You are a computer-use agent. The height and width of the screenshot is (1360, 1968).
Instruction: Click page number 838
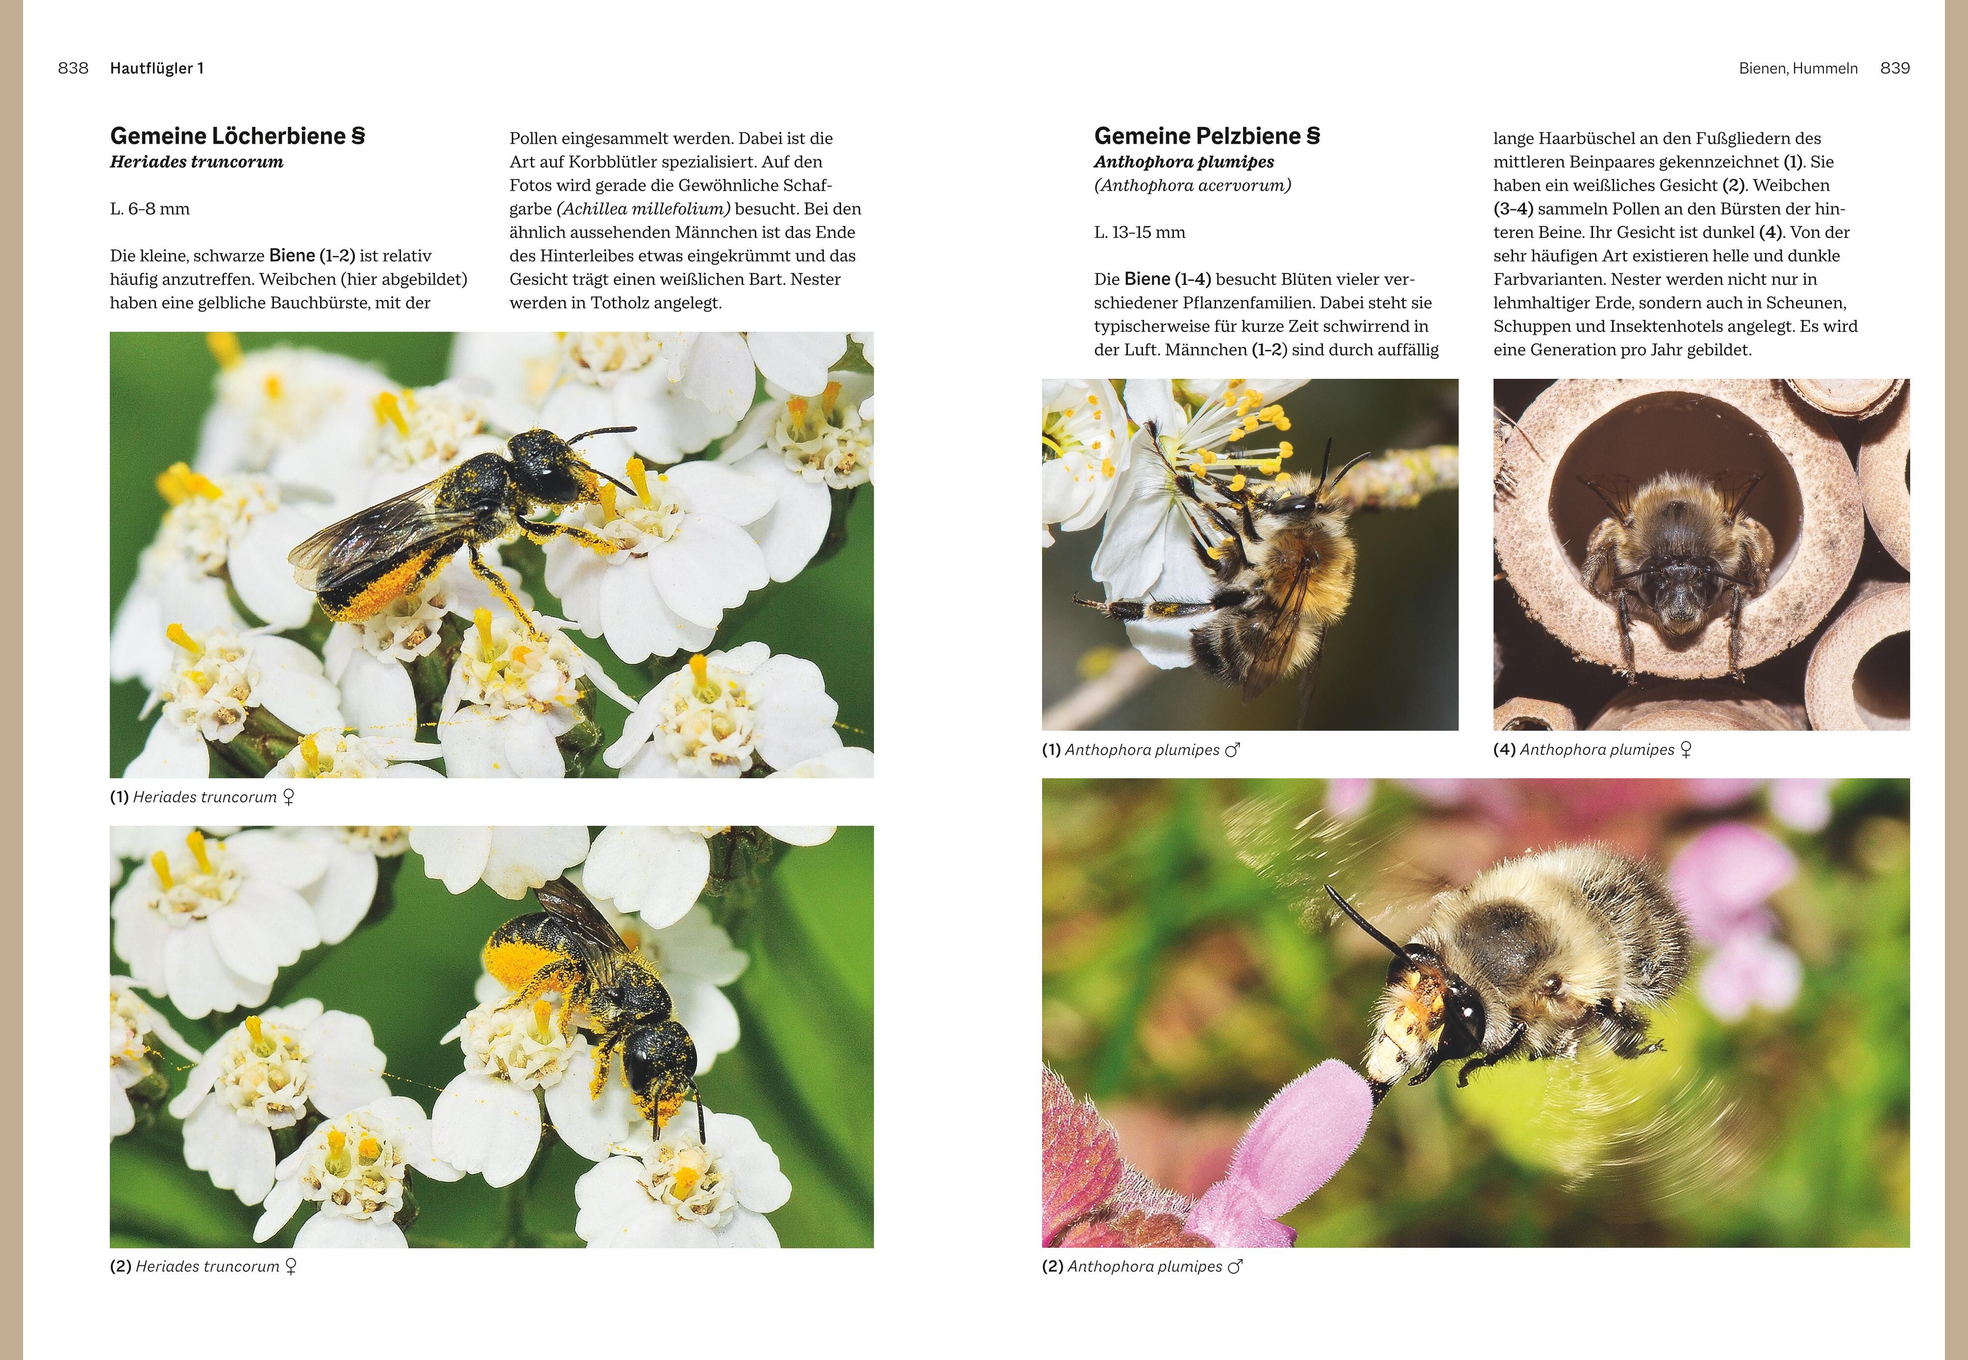tap(74, 68)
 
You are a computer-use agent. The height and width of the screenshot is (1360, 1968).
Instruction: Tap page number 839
tap(1894, 68)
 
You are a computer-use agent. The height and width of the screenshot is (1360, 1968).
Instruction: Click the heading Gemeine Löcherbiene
tap(238, 136)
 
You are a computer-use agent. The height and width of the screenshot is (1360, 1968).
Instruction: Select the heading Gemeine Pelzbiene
tap(1207, 136)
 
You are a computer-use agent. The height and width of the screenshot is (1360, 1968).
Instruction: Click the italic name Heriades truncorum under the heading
tap(197, 162)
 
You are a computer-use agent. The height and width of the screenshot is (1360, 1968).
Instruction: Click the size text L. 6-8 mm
tap(150, 209)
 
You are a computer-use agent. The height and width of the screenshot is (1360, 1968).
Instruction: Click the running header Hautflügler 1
tap(157, 68)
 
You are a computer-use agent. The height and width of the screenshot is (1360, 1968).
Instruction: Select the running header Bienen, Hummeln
tap(1798, 68)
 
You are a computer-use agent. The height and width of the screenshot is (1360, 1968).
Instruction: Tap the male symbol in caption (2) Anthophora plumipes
tap(1235, 1266)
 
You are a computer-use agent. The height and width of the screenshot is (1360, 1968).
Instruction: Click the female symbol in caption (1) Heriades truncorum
tap(288, 797)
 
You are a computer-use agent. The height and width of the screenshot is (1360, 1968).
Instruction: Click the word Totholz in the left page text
tap(622, 302)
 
